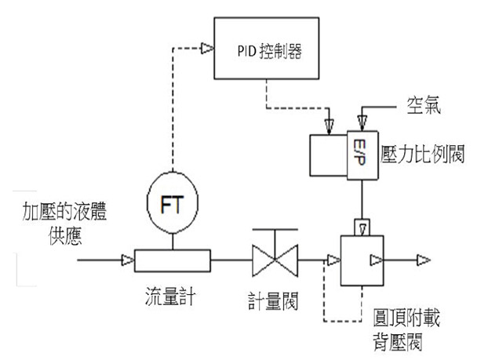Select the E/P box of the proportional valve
click(x=362, y=155)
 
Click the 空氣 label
click(x=424, y=105)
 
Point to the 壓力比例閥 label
click(x=423, y=154)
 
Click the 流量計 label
click(x=170, y=296)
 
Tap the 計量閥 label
click(x=273, y=300)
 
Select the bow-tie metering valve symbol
click(x=275, y=260)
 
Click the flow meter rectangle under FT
click(x=173, y=260)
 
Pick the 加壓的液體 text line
click(x=65, y=211)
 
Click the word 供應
click(x=65, y=236)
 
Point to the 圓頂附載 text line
click(x=406, y=318)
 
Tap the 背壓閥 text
click(x=398, y=342)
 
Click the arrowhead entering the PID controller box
click(x=207, y=48)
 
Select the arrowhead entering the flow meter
click(x=128, y=260)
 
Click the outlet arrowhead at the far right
click(x=424, y=260)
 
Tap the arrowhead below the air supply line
click(x=362, y=123)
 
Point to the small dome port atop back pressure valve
click(x=362, y=227)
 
